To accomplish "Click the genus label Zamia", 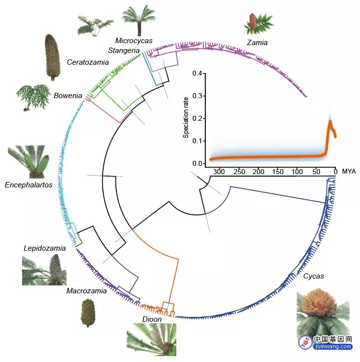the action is pos(257,43).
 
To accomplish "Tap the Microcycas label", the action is pos(134,41).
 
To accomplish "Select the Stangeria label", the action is pos(124,51).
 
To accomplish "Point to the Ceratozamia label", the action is pos(88,62).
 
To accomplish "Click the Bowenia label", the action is pos(68,95).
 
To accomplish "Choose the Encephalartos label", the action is pos(28,185).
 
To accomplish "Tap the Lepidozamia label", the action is pos(45,248).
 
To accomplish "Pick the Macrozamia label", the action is pos(86,291).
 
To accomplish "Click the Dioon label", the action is pos(152,319).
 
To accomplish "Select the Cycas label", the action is pos(313,276).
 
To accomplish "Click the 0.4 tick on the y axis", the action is pos(197,74).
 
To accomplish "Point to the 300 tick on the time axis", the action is pos(219,172).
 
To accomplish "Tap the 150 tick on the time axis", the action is pos(277,172).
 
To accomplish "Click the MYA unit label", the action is pos(349,171).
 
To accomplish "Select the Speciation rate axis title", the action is pos(186,118).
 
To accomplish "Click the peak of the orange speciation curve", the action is pos(331,121).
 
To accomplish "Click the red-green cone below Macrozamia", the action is pos(88,312).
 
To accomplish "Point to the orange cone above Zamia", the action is pos(252,21).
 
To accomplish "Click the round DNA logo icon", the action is pos(305,342).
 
